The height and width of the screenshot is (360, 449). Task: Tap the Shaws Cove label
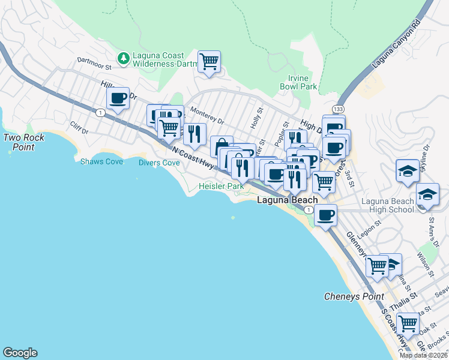(101, 162)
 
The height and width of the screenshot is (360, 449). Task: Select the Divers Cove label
(159, 163)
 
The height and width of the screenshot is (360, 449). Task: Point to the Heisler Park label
(221, 187)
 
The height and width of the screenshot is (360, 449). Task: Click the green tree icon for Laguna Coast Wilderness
(124, 58)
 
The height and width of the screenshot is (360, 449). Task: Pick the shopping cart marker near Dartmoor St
(209, 61)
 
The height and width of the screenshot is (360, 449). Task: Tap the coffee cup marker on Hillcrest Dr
(118, 97)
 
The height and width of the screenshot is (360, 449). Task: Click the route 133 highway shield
(339, 109)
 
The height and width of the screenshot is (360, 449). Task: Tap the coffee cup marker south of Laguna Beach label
(325, 214)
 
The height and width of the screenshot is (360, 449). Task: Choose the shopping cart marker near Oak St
(408, 324)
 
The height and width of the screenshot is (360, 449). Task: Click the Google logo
(20, 353)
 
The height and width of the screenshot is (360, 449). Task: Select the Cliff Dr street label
(79, 128)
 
